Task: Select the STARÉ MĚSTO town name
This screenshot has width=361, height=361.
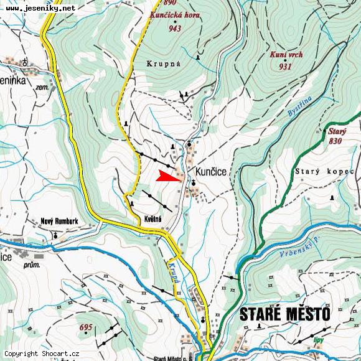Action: click(284, 314)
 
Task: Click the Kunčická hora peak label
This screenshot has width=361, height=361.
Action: click(176, 14)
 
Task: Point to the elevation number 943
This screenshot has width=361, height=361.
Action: click(175, 28)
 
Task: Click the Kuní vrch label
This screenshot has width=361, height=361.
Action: click(286, 55)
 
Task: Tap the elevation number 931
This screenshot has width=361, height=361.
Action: click(285, 67)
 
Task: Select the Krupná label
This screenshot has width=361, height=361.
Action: click(164, 64)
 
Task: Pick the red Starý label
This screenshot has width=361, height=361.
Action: click(336, 131)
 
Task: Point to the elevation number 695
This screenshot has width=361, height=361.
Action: click(86, 327)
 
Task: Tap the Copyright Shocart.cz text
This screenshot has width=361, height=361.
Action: click(42, 354)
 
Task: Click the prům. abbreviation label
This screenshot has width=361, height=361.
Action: click(31, 265)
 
